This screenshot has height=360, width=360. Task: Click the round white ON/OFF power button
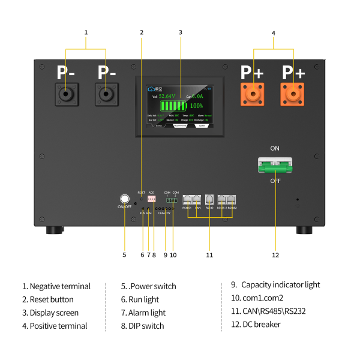(125, 199)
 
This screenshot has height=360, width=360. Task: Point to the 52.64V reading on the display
(168, 95)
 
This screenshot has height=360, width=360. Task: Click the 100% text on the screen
(196, 105)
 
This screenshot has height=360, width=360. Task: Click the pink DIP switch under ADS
(151, 199)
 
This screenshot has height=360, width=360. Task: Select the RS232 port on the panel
(209, 199)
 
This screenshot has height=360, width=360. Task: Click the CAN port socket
(197, 199)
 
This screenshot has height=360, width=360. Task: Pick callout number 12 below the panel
(275, 255)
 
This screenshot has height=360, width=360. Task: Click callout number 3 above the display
(180, 32)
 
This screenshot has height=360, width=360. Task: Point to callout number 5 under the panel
(124, 255)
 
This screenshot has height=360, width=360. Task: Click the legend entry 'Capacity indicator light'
(280, 285)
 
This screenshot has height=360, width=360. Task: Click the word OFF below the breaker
(275, 181)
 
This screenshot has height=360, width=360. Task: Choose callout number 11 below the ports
(209, 255)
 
